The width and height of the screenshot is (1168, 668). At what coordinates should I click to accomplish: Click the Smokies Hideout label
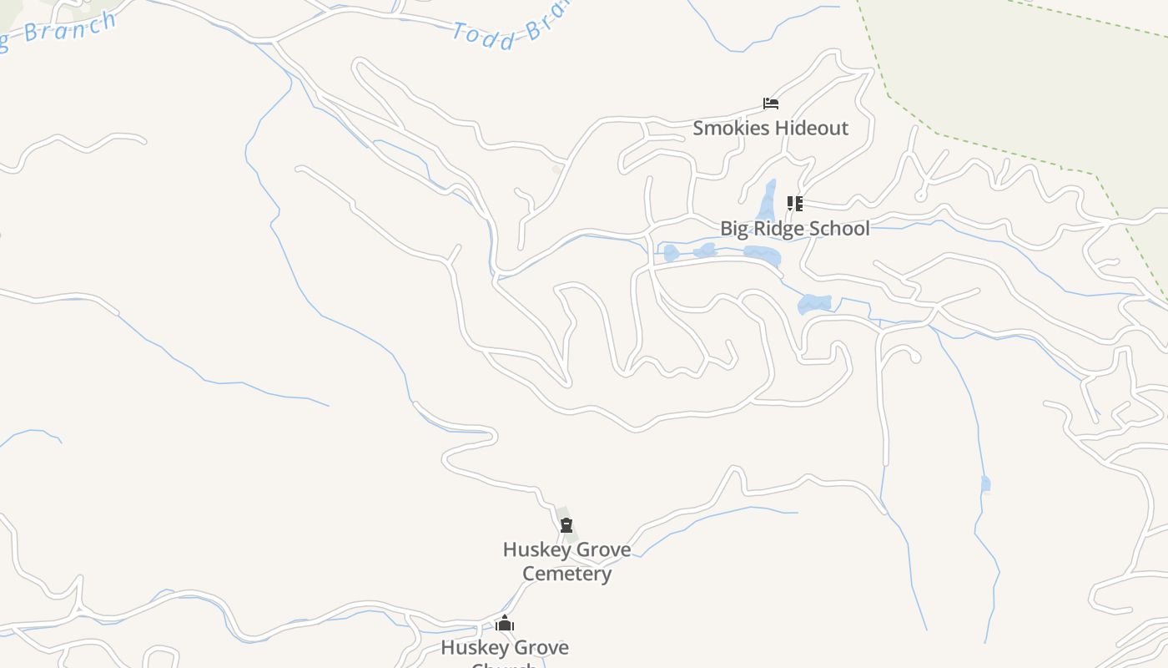(x=770, y=128)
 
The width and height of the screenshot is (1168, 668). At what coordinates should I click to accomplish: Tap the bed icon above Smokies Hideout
(x=771, y=104)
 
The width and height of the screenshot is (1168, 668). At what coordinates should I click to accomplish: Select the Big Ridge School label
(x=794, y=228)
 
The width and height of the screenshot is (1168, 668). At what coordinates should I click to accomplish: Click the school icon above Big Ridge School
(x=795, y=203)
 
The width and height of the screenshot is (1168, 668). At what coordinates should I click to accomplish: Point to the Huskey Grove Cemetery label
(x=566, y=561)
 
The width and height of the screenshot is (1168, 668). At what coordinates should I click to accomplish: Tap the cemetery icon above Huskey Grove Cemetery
(x=566, y=525)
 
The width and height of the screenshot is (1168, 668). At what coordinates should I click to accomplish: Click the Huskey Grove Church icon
(x=505, y=624)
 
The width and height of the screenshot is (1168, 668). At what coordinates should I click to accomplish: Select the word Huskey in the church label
(x=470, y=647)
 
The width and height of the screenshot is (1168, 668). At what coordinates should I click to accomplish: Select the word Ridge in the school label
(x=785, y=228)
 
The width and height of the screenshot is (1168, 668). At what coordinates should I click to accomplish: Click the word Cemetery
(x=566, y=574)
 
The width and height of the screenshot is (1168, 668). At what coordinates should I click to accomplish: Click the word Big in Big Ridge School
(x=735, y=228)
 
